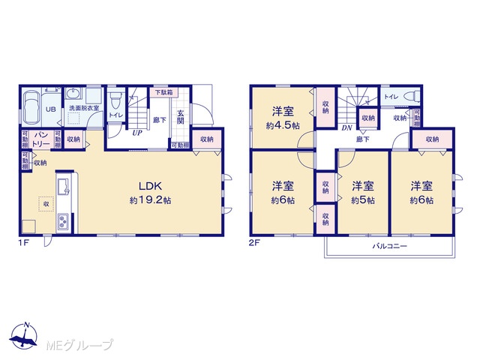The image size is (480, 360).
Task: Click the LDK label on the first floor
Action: pos(150,186)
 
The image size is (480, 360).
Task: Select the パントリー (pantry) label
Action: pos(41,139)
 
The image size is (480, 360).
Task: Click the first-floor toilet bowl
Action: pos(115,100)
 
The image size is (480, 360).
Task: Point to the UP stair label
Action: pos(136,133)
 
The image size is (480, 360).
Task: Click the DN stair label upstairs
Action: pos(346,128)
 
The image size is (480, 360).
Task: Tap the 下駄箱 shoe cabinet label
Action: pos(163,92)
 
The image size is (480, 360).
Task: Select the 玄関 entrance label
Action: pos(180,115)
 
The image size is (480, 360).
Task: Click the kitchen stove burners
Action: pos(64,222)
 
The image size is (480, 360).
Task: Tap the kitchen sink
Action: pos(64,186)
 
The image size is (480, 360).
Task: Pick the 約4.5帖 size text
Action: pos(282,126)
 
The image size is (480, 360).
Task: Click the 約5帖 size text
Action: pos(362,200)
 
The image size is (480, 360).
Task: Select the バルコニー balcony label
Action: pos(389,246)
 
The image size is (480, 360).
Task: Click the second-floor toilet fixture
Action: pos(412,97)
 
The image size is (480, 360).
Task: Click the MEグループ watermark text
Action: pos(79,346)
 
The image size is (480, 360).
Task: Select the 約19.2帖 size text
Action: pos(150,200)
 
